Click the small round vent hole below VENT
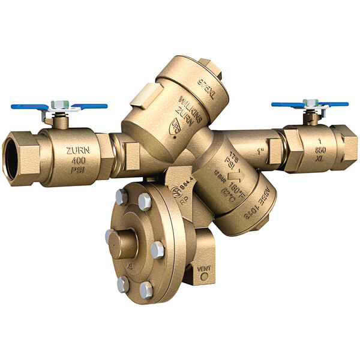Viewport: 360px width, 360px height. click(x=205, y=277)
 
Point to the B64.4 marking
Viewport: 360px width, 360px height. click(x=184, y=190)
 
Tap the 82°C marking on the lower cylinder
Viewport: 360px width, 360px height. click(x=227, y=195)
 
